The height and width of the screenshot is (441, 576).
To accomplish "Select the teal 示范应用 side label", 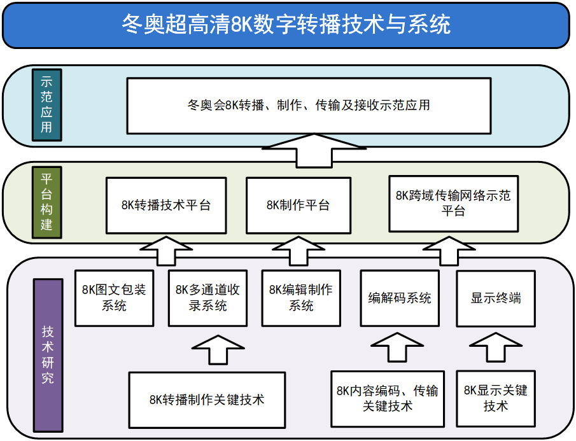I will click(x=46, y=104).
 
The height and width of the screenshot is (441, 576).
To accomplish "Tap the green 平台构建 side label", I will click(x=46, y=202).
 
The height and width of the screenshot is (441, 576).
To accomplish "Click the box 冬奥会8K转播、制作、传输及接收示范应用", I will click(x=309, y=105).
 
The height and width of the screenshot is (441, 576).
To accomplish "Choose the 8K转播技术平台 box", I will click(x=165, y=205).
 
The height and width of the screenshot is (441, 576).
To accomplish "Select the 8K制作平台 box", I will click(x=298, y=205).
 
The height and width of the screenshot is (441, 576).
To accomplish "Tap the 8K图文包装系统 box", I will click(x=114, y=298).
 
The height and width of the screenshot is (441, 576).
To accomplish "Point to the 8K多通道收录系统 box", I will click(x=207, y=298).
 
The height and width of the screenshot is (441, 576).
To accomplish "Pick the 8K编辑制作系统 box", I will click(x=301, y=298).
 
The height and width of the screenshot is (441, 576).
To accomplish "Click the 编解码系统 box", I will click(x=400, y=298).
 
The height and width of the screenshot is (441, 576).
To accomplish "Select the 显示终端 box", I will click(x=496, y=298).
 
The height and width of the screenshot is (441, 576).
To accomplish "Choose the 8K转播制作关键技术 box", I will click(x=207, y=400).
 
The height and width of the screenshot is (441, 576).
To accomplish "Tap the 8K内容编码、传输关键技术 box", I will click(x=387, y=398).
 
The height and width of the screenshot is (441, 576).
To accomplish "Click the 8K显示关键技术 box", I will click(x=496, y=398).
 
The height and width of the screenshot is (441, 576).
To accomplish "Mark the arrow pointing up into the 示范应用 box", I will click(x=314, y=149).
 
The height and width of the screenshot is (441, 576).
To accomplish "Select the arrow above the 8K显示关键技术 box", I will click(x=496, y=349).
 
